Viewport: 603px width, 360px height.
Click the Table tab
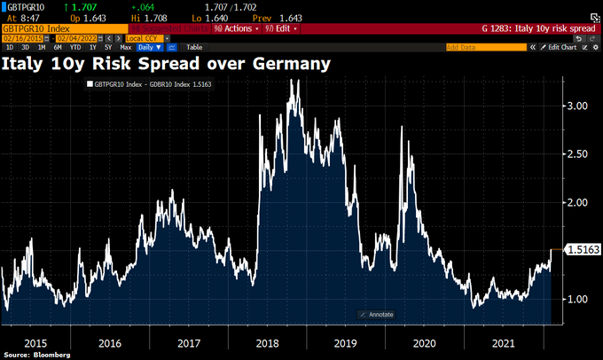click(194, 46)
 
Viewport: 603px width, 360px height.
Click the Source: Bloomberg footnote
click(35, 355)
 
